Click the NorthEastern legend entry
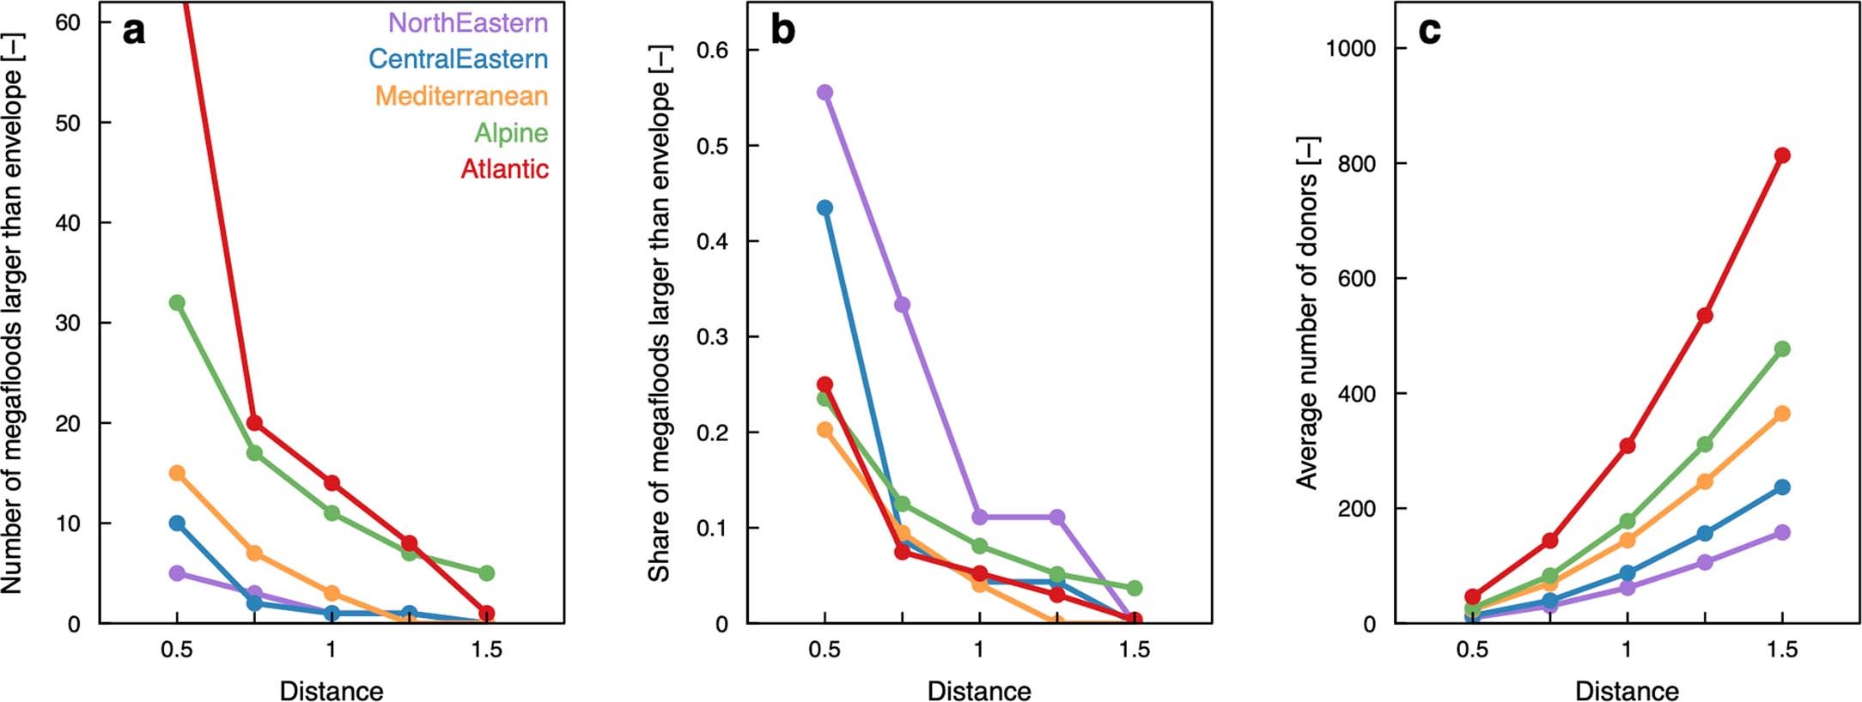pyautogui.click(x=467, y=22)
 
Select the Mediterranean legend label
pyautogui.click(x=461, y=95)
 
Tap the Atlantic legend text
pyautogui.click(x=504, y=168)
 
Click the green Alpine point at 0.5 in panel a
pyautogui.click(x=177, y=303)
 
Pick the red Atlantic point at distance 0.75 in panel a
pyautogui.click(x=254, y=422)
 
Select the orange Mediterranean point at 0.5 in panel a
pyautogui.click(x=177, y=473)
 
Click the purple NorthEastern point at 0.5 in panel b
pyautogui.click(x=825, y=93)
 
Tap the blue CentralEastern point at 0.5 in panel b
pyautogui.click(x=825, y=208)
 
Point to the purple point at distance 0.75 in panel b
pyautogui.click(x=902, y=305)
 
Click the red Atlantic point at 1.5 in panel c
pyautogui.click(x=1782, y=155)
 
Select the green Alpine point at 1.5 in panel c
pyautogui.click(x=1782, y=349)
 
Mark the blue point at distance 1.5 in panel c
pyautogui.click(x=1782, y=487)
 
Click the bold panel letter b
pyautogui.click(x=782, y=31)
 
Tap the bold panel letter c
pyautogui.click(x=1429, y=31)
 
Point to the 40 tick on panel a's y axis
pyautogui.click(x=68, y=223)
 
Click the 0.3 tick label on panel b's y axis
pyautogui.click(x=711, y=336)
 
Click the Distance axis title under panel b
pyautogui.click(x=979, y=690)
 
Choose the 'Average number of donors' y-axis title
pyautogui.click(x=1306, y=313)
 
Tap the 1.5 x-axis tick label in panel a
pyautogui.click(x=486, y=650)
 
